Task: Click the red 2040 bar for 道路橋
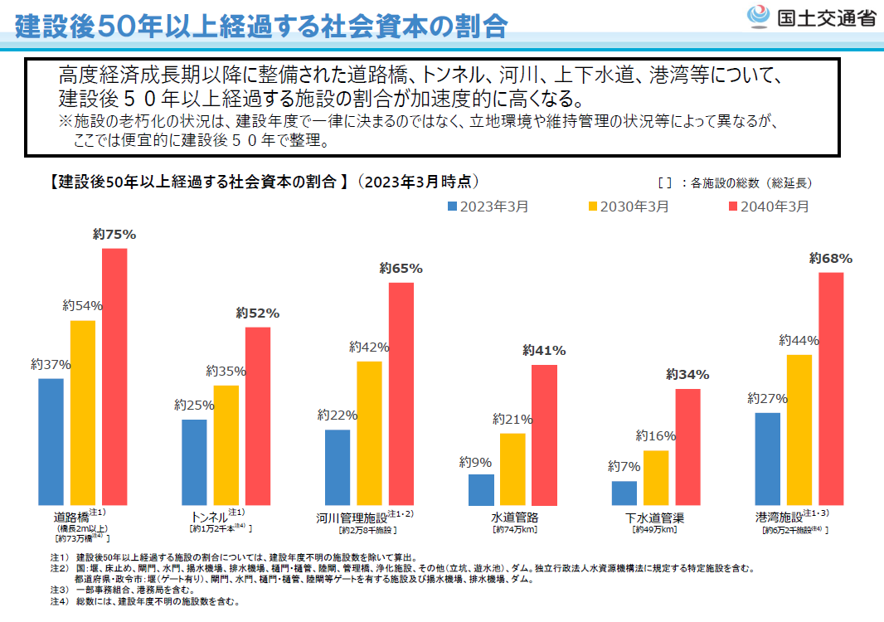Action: pyautogui.click(x=114, y=377)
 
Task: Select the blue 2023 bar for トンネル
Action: pyautogui.click(x=194, y=463)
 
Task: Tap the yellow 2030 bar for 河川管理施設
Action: pyautogui.click(x=369, y=434)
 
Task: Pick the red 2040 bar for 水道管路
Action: pyautogui.click(x=544, y=435)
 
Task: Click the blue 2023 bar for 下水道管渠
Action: pyautogui.click(x=624, y=493)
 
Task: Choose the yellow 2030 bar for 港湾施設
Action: pyautogui.click(x=799, y=430)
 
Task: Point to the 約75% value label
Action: pyautogui.click(x=114, y=235)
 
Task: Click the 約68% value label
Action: pyautogui.click(x=831, y=259)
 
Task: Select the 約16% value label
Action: pyautogui.click(x=656, y=436)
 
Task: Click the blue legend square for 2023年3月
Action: pyautogui.click(x=452, y=207)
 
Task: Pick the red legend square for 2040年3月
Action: pyautogui.click(x=732, y=207)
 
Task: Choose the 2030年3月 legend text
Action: pyautogui.click(x=634, y=207)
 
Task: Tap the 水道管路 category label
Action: pyautogui.click(x=514, y=518)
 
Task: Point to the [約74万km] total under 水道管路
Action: pyautogui.click(x=514, y=529)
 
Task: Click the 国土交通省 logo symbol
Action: pyautogui.click(x=760, y=17)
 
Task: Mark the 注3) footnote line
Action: pyautogui.click(x=124, y=590)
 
